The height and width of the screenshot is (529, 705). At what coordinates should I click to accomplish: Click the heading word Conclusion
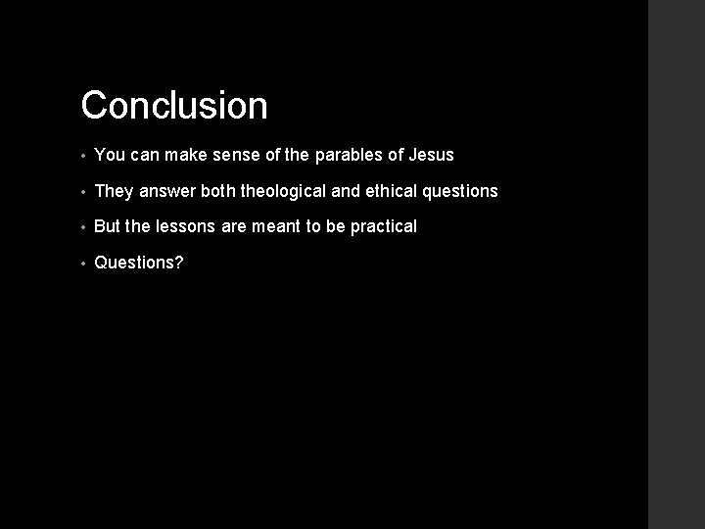click(x=174, y=106)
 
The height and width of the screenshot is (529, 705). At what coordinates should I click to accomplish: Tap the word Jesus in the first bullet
click(x=431, y=155)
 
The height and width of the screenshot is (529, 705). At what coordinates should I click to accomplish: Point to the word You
click(x=109, y=155)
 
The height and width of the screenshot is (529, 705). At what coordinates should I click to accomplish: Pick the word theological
click(x=290, y=191)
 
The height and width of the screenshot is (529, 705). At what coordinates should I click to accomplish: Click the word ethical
click(x=392, y=191)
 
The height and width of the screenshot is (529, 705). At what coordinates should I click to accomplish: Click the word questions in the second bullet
click(x=461, y=191)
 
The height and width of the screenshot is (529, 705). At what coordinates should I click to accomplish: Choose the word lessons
click(x=187, y=226)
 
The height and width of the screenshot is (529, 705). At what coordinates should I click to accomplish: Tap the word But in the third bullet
click(x=108, y=226)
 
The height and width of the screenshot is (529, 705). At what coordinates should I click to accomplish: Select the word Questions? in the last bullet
click(x=138, y=263)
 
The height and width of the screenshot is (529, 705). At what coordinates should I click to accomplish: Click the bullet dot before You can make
click(x=85, y=156)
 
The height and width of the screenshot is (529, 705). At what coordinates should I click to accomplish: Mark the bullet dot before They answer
click(x=85, y=192)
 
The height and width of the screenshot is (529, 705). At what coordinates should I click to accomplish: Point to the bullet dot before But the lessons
click(x=85, y=227)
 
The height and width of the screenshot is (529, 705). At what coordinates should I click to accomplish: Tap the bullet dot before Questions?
click(x=85, y=264)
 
